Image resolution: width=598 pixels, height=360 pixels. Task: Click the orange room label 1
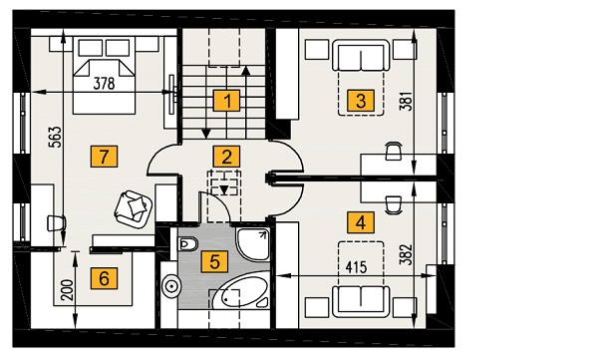pyautogui.click(x=226, y=101)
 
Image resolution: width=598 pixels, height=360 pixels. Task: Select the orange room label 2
pyautogui.click(x=226, y=157)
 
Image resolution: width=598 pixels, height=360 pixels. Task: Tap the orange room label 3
pyautogui.click(x=361, y=101)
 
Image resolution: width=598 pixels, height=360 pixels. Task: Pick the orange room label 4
pyautogui.click(x=361, y=222)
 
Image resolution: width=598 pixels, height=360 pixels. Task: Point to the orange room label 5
pyautogui.click(x=214, y=262)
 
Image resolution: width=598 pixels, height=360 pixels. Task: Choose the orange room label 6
pyautogui.click(x=104, y=278)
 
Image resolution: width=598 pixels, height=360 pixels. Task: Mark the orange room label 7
pyautogui.click(x=104, y=157)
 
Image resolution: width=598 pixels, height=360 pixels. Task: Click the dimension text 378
pyautogui.click(x=104, y=83)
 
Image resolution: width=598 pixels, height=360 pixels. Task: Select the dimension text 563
pyautogui.click(x=55, y=137)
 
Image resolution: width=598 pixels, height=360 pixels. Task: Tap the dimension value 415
pyautogui.click(x=356, y=267)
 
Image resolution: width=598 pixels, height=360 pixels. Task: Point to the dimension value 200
pyautogui.click(x=67, y=290)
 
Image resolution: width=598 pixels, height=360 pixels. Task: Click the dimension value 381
pyautogui.click(x=407, y=101)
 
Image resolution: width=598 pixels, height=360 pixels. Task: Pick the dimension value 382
pyautogui.click(x=407, y=254)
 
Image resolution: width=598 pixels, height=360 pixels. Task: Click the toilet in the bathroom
pyautogui.click(x=187, y=243)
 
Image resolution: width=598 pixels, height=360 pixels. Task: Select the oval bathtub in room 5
pyautogui.click(x=239, y=291)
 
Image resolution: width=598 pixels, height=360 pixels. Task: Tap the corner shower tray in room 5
pyautogui.click(x=252, y=244)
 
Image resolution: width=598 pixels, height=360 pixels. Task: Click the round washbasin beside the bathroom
pyautogui.click(x=171, y=285)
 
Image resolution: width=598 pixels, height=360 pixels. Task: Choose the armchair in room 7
pyautogui.click(x=134, y=209)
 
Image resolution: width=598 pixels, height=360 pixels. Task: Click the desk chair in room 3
pyautogui.click(x=394, y=151)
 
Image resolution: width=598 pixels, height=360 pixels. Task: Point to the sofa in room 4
pyautogui.click(x=361, y=301)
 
